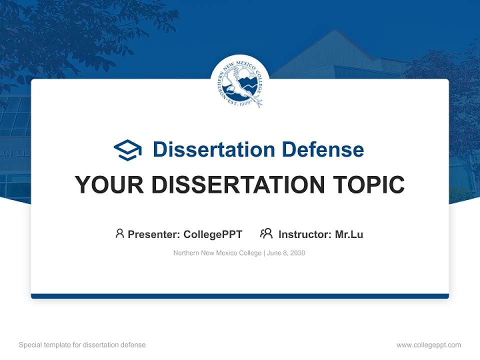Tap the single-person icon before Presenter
(x=119, y=233)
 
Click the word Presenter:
(x=154, y=234)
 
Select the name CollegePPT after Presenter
(x=213, y=234)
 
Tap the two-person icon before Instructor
(x=266, y=233)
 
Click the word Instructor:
(x=305, y=234)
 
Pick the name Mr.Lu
(x=349, y=234)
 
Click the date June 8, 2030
(x=286, y=253)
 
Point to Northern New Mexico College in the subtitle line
(x=217, y=253)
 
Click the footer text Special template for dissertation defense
(x=82, y=345)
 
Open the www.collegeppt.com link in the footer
(x=428, y=345)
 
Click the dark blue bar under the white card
(x=240, y=296)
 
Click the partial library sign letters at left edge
(x=15, y=154)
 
